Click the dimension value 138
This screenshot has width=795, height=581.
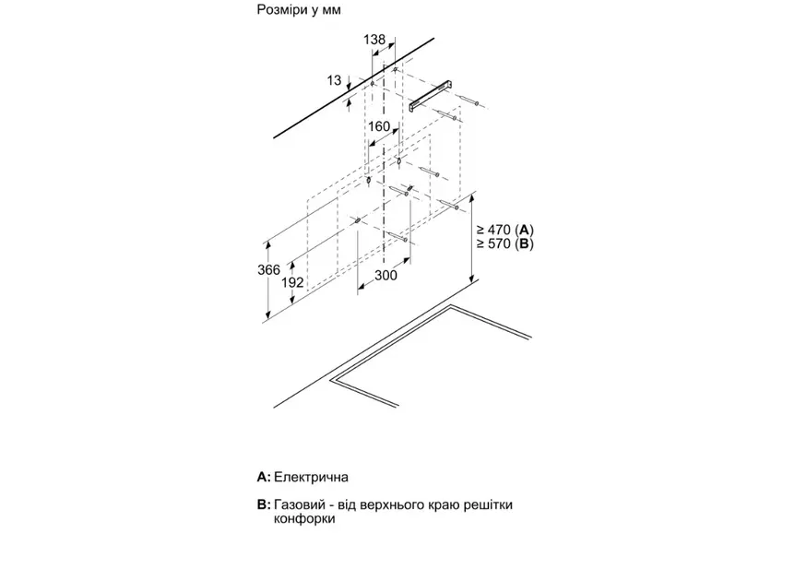coord(374,40)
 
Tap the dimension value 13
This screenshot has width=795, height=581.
coord(334,81)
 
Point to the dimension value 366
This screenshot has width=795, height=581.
coord(268,269)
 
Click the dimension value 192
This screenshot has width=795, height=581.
coord(292,282)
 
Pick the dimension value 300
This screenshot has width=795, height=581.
coord(386,276)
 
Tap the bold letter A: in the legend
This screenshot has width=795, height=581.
coord(264,478)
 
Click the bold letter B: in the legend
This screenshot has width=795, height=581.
coord(264,505)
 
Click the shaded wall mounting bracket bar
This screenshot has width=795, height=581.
coord(433,93)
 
